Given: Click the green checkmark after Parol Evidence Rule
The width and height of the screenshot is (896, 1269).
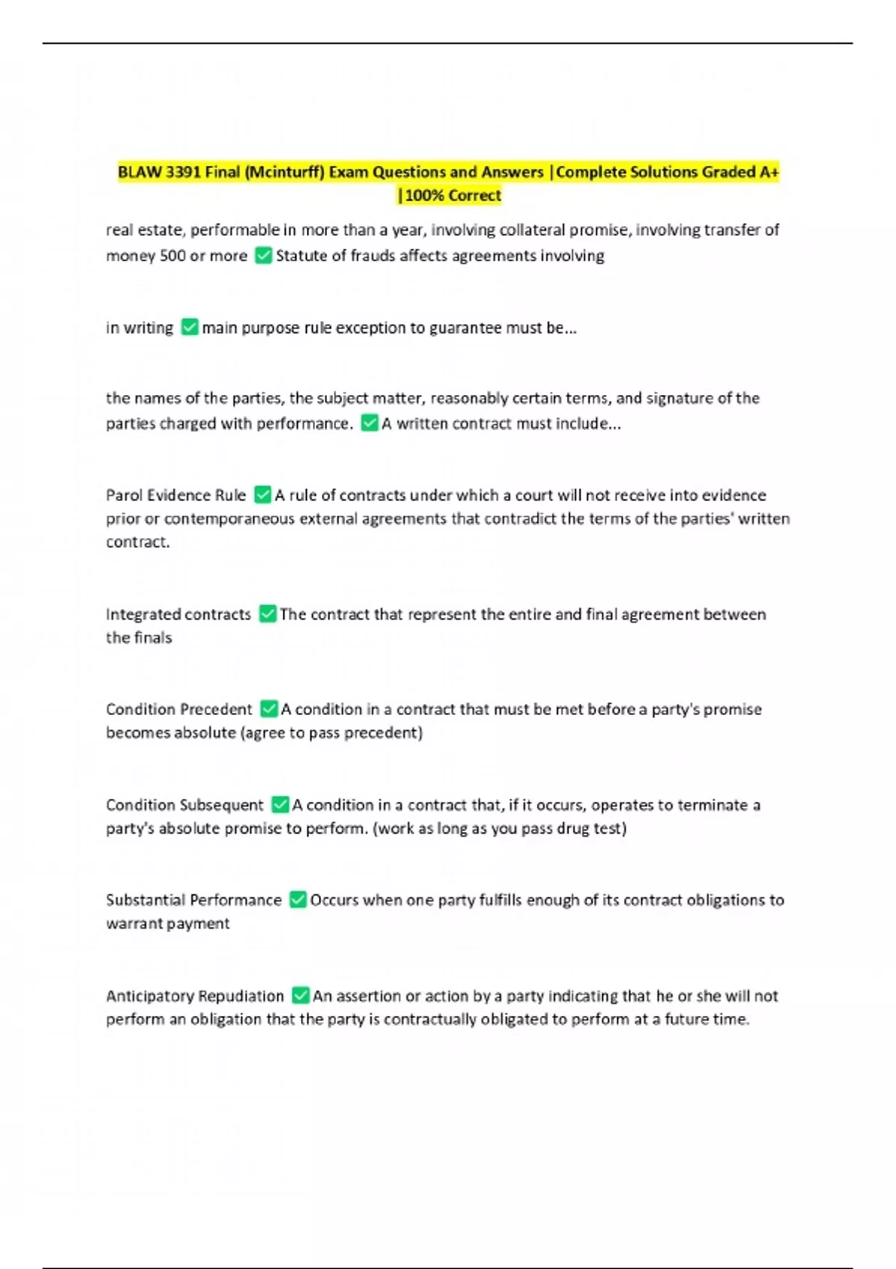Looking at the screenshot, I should (263, 494).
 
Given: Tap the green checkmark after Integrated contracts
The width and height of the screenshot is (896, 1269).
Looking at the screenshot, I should (267, 614).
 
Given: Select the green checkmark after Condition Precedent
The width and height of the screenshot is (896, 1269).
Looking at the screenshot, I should (269, 708).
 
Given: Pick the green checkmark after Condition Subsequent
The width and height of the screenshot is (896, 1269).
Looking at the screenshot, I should (280, 804).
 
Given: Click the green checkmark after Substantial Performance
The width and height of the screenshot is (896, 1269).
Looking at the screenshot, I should (298, 899).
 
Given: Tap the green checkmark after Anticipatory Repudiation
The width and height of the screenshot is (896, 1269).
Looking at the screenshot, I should (300, 995).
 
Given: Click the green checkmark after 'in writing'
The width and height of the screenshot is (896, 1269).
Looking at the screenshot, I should (190, 327).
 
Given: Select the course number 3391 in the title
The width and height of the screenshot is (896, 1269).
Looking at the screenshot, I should (183, 172).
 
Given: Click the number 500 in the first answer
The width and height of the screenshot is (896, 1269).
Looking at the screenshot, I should (172, 255).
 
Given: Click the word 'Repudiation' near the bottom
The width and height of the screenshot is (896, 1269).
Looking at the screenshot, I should (241, 996).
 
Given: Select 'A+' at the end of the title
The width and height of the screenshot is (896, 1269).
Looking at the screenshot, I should (769, 172).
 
